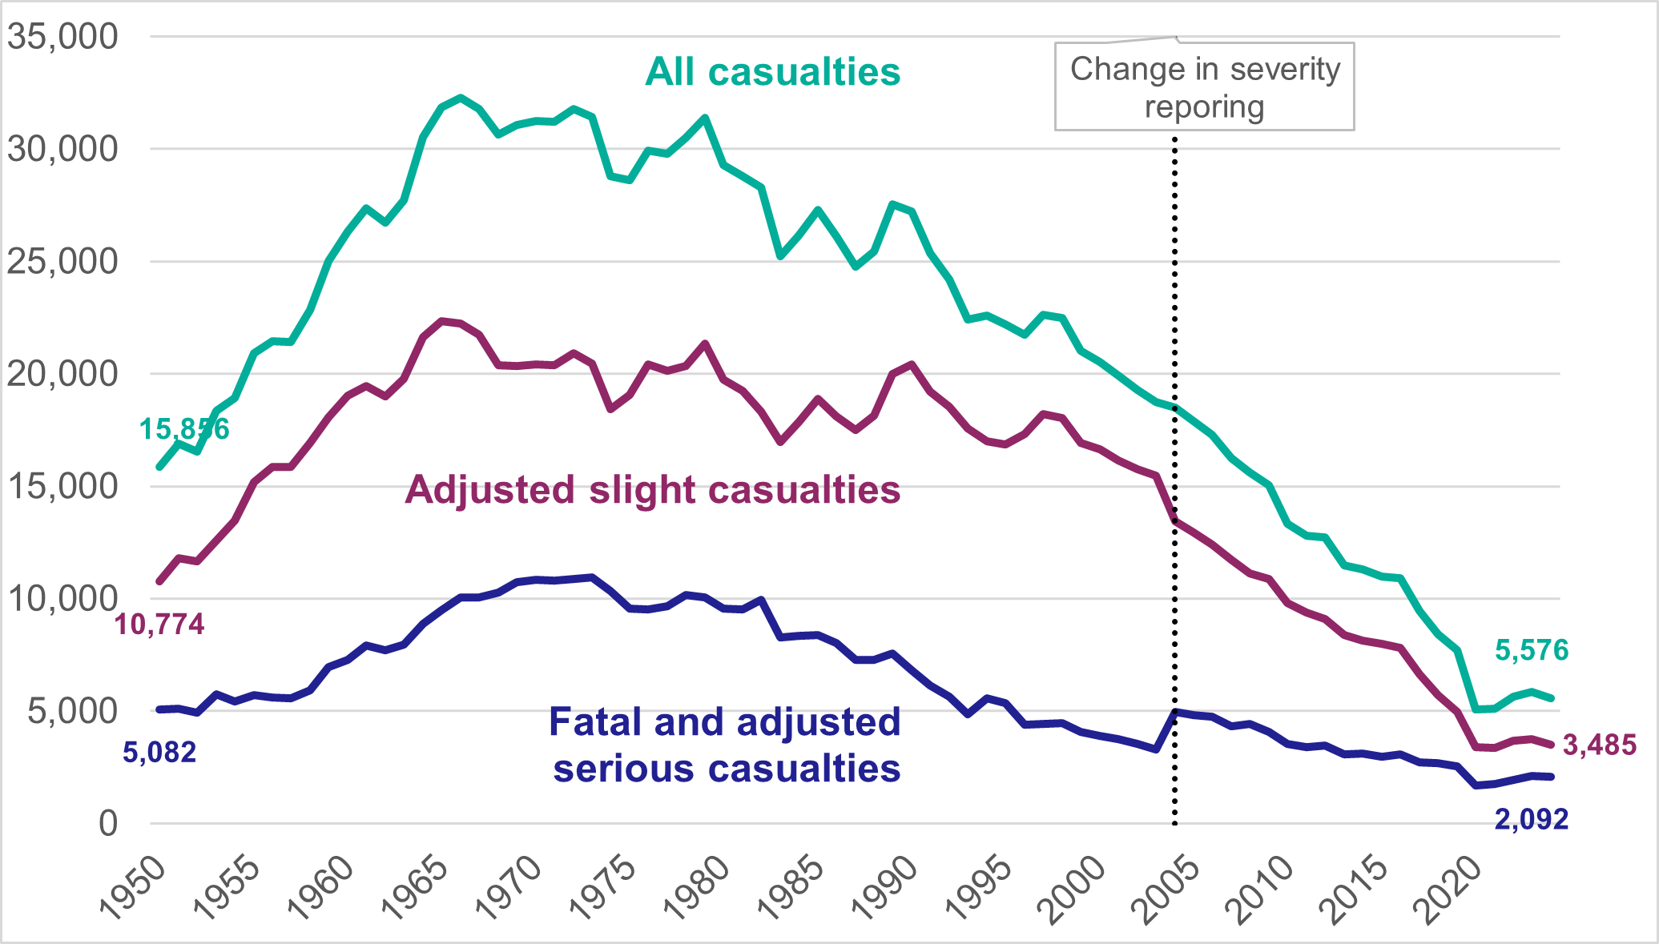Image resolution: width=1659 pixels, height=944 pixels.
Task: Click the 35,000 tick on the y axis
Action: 62,36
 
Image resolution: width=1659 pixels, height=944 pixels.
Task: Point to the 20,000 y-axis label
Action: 62,374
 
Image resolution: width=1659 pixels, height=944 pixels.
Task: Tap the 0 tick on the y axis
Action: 107,823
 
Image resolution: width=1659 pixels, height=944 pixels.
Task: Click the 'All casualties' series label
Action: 772,72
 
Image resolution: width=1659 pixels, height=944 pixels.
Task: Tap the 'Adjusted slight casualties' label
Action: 653,489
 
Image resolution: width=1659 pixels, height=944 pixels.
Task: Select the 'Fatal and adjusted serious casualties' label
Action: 726,745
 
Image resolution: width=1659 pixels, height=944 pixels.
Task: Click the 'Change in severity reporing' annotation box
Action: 1204,87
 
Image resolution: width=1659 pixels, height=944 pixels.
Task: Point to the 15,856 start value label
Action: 184,429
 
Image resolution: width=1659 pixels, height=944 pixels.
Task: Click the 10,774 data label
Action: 159,624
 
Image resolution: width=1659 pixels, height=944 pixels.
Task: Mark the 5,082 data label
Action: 159,752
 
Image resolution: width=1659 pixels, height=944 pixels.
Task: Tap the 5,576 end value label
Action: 1531,650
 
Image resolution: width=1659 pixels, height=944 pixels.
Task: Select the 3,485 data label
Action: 1599,745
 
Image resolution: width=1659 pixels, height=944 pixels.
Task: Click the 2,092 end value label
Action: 1531,819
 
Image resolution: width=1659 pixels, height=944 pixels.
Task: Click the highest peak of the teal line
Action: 460,98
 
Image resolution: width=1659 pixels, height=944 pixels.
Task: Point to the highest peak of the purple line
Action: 441,321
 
